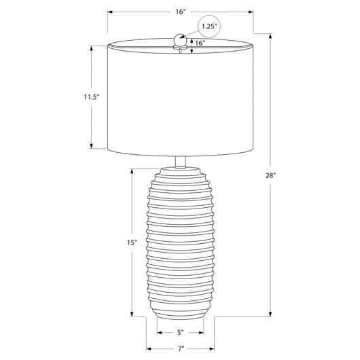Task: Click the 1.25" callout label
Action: [x=209, y=26]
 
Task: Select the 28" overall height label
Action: [x=270, y=176]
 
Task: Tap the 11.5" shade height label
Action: [x=91, y=97]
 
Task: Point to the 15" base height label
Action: [x=132, y=242]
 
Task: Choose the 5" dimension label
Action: [x=181, y=332]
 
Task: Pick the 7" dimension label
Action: [x=181, y=348]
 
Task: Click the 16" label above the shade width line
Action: [x=181, y=12]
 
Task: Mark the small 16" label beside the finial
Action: [x=200, y=43]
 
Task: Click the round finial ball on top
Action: [x=180, y=39]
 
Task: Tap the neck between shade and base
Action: [x=180, y=162]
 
